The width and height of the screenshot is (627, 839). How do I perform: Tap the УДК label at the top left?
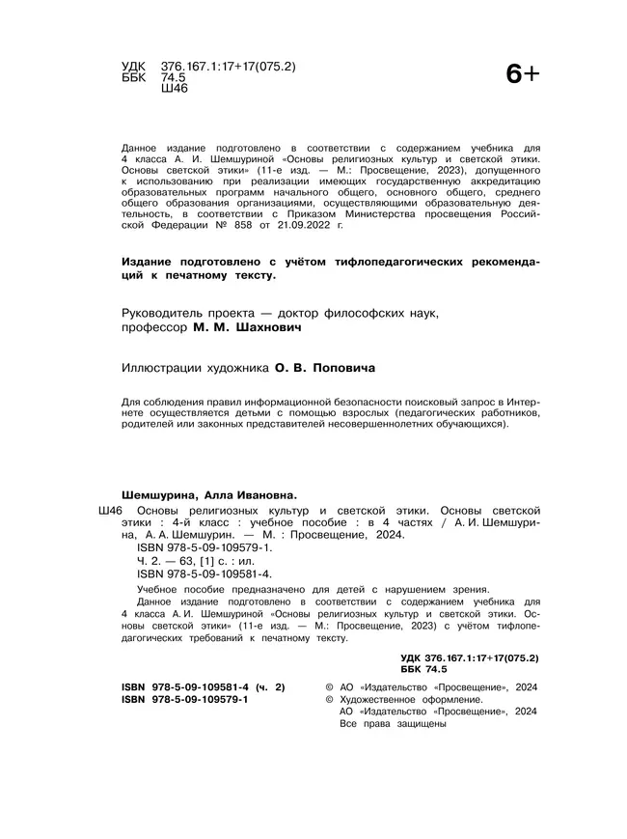point(133,66)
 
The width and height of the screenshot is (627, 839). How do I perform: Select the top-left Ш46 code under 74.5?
point(175,88)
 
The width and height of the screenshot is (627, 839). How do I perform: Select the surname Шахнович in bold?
point(261,328)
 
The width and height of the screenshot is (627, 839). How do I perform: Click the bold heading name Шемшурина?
point(156,493)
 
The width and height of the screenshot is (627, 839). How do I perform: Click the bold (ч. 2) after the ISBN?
point(266,686)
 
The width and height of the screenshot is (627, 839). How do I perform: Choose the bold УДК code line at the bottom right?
point(469,657)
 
